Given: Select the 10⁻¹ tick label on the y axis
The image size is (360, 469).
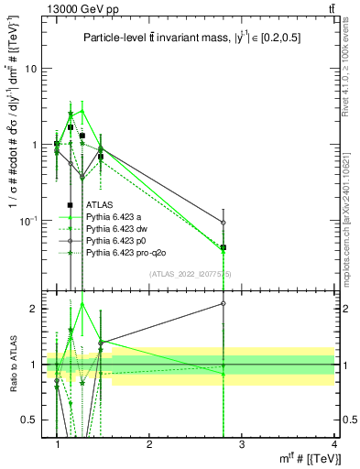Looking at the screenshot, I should coord(29,221).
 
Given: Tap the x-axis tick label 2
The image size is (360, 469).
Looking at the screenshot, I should coord(149,442).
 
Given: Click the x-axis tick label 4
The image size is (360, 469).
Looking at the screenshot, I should coord(333,442).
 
